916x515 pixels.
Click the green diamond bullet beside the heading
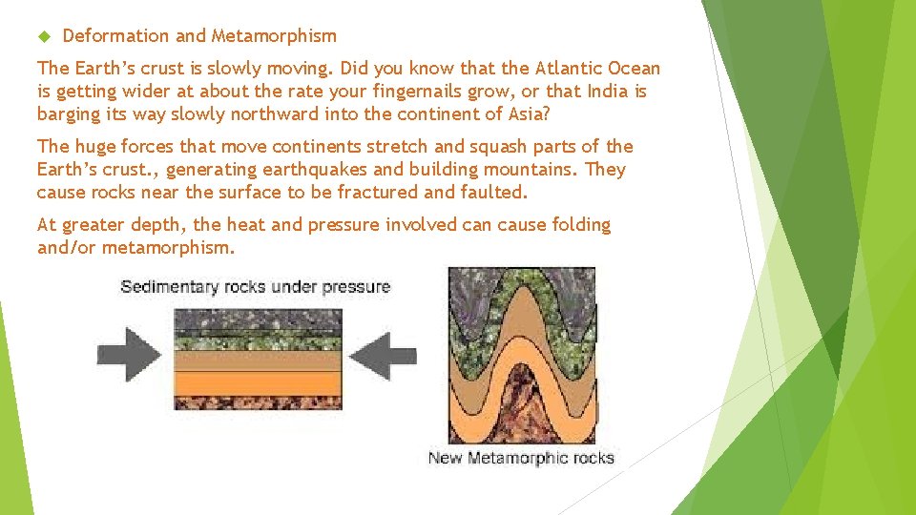42,36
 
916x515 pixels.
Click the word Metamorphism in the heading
274,36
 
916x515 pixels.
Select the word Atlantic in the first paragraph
570,69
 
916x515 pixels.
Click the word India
608,92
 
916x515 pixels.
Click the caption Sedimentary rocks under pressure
255,286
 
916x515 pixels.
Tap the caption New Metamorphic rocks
521,459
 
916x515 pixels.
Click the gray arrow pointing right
130,358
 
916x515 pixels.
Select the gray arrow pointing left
384,358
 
